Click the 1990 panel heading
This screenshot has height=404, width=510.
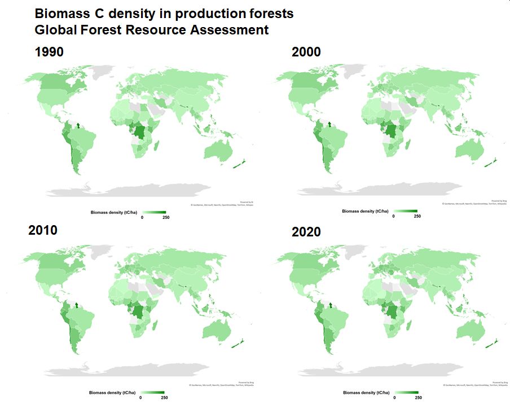49,52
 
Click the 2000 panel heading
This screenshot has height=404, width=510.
306,52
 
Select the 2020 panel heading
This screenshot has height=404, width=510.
306,232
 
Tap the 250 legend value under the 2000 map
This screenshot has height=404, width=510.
417,216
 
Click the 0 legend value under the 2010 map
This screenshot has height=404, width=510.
140,397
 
